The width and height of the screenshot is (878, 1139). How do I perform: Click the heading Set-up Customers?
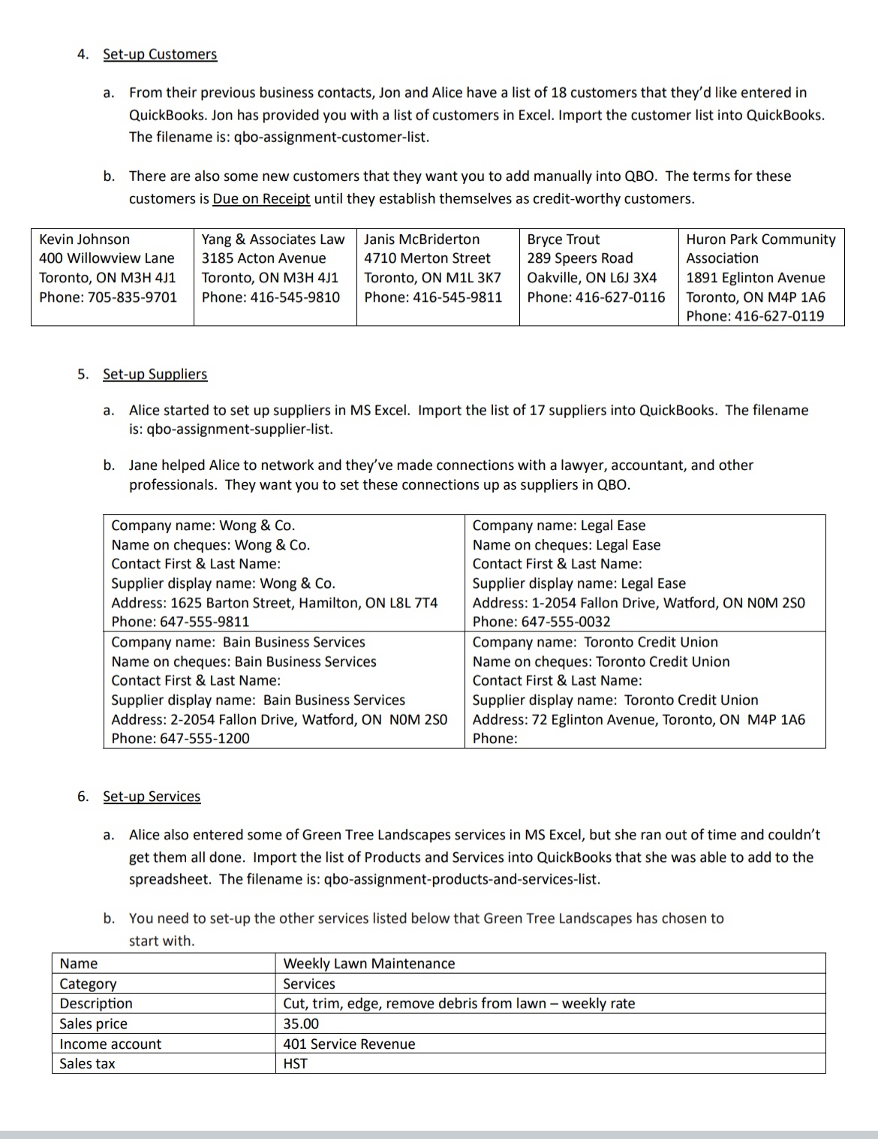(159, 54)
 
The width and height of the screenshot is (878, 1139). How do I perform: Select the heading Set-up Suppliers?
(155, 374)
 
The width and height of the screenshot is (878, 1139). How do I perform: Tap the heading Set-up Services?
(152, 796)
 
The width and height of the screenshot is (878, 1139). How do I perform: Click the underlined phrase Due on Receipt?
(261, 198)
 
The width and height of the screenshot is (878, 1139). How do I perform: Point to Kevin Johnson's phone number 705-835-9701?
(129, 297)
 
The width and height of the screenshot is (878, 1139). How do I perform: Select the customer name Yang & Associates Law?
(273, 239)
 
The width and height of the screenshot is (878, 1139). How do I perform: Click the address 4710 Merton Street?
(427, 258)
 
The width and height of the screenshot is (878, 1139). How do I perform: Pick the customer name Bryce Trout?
(563, 239)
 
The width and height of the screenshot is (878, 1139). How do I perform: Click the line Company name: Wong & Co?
(203, 526)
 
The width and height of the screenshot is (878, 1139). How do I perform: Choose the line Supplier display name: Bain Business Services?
(257, 700)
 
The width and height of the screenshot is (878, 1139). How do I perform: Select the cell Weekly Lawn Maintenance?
(368, 963)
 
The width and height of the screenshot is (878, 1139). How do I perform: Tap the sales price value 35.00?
(300, 1023)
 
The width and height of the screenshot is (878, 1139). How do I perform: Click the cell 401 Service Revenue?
(348, 1044)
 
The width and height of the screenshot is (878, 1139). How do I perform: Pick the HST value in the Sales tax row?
(295, 1063)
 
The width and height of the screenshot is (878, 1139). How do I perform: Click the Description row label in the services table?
(95, 1003)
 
